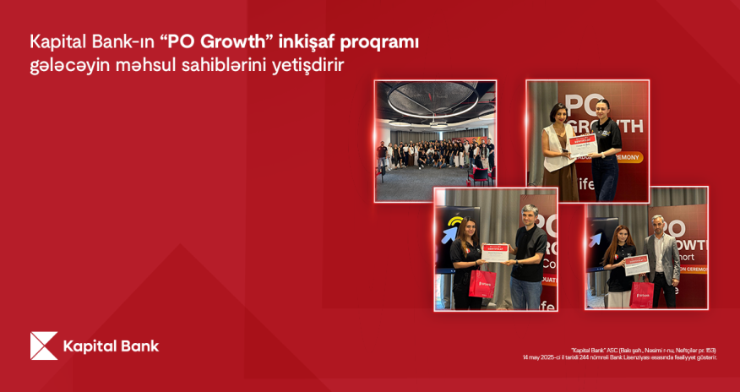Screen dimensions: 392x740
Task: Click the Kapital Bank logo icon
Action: tap(43, 346)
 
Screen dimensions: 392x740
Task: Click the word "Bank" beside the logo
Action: tap(139, 346)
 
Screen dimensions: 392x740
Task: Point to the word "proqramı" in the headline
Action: tap(383, 41)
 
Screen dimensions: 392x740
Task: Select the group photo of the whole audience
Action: tap(435, 140)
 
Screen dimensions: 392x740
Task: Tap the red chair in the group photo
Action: tap(479, 175)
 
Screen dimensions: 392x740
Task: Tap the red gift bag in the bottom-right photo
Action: tap(641, 292)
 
